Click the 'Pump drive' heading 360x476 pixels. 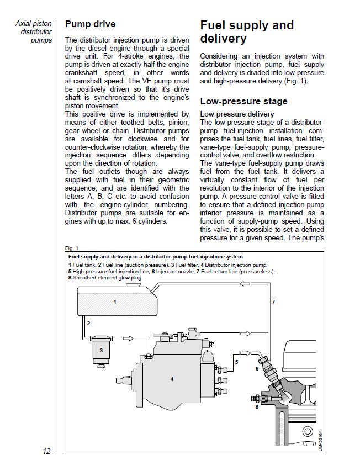(90, 24)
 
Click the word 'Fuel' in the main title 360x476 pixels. (213, 25)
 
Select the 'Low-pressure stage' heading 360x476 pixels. (243, 101)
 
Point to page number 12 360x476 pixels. (46, 451)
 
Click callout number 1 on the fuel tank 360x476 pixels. (114, 302)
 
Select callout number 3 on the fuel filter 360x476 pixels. (100, 350)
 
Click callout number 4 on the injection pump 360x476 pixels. (172, 379)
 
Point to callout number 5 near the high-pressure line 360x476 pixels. (236, 362)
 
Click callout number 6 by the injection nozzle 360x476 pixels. (257, 368)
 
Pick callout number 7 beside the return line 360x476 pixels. (273, 302)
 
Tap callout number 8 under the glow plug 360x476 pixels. (257, 407)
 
